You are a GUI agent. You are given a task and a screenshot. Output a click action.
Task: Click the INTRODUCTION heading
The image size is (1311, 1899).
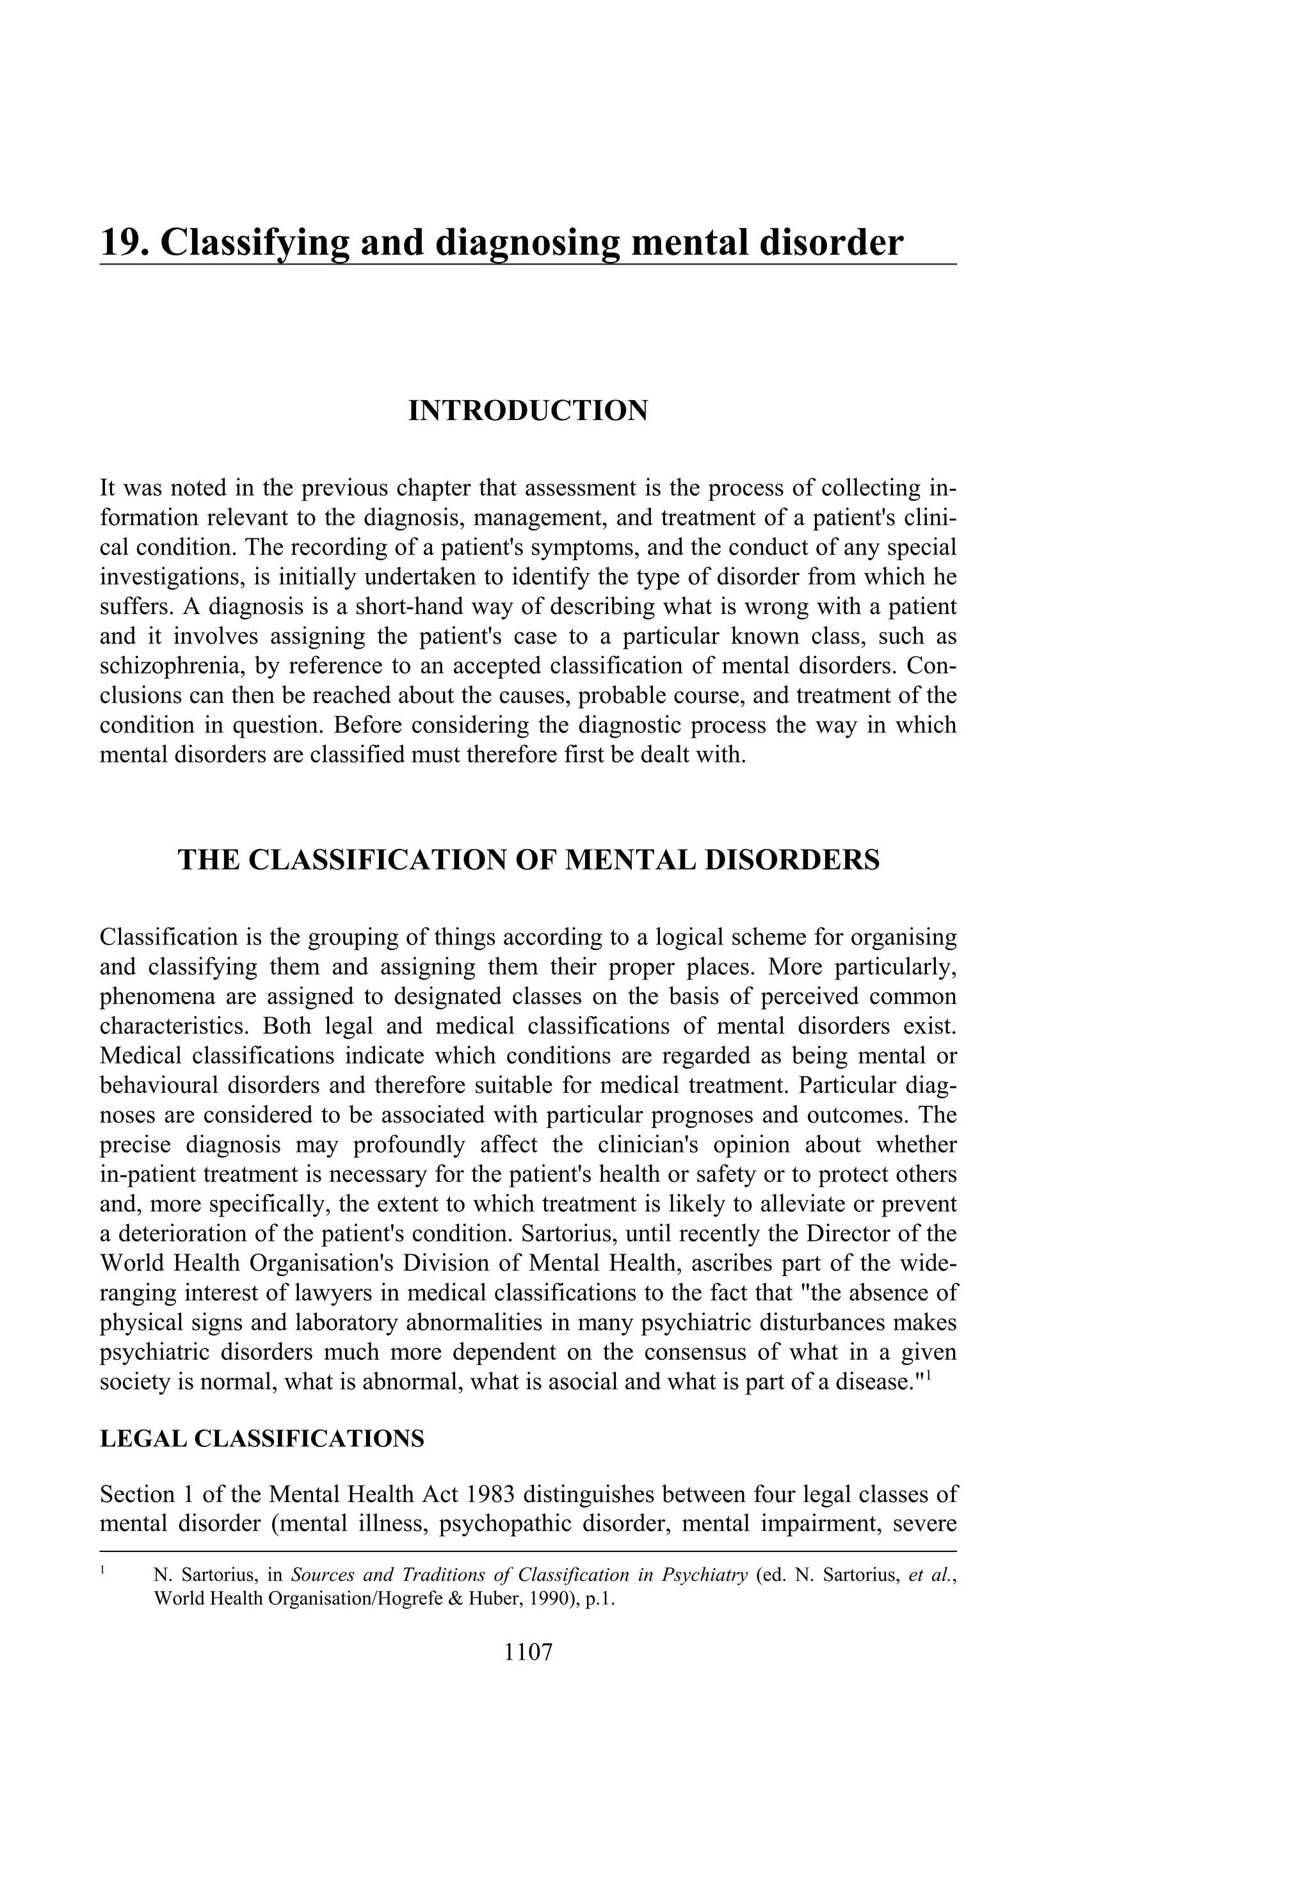[x=528, y=410]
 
